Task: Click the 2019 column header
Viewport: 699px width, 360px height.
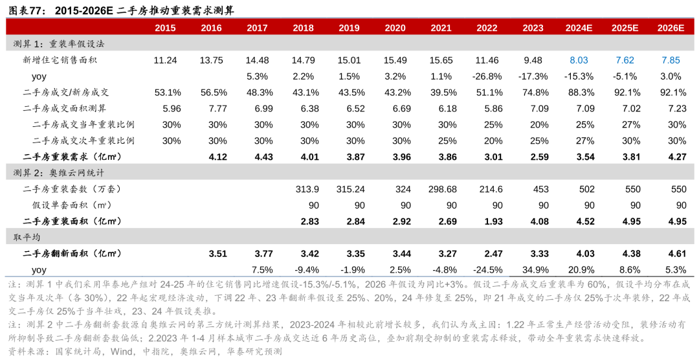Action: (349, 28)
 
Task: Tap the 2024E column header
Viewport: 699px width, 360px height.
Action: (579, 28)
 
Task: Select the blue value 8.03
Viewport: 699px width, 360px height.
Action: (579, 60)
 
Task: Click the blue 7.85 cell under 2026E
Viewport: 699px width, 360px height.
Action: (671, 60)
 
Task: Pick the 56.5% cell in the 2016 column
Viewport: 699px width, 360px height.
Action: (211, 93)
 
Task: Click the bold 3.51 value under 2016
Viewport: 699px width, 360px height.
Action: (211, 253)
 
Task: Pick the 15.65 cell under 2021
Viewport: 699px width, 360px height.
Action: (441, 60)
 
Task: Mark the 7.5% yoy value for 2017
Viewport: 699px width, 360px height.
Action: (257, 269)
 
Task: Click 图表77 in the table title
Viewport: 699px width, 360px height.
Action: (24, 9)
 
